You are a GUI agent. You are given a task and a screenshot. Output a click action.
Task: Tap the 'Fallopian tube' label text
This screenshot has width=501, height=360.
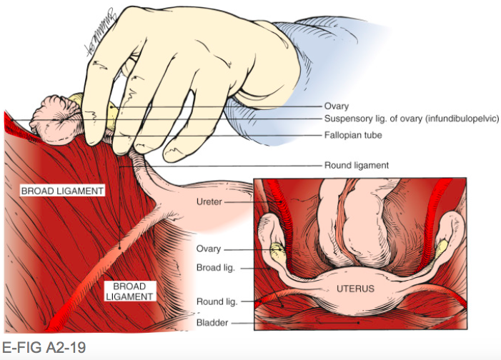pyautogui.click(x=353, y=135)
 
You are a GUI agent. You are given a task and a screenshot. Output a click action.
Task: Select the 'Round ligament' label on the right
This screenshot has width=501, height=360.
pyautogui.click(x=356, y=165)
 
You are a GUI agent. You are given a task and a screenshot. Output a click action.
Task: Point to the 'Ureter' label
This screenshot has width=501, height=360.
pyautogui.click(x=209, y=202)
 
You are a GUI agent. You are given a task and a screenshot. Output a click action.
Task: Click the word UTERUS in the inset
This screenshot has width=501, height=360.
pyautogui.click(x=355, y=289)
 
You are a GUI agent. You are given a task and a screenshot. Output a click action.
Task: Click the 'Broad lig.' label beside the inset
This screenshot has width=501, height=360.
pyautogui.click(x=215, y=268)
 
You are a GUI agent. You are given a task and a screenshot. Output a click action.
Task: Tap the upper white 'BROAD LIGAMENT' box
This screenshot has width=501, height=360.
pyautogui.click(x=64, y=191)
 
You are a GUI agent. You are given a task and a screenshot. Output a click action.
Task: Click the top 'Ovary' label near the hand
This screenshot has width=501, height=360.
pyautogui.click(x=337, y=106)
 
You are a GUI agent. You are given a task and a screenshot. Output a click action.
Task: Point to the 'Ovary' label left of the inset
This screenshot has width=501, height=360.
pyautogui.click(x=209, y=249)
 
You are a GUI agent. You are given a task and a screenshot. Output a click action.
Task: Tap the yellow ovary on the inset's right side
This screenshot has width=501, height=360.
pyautogui.click(x=444, y=245)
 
